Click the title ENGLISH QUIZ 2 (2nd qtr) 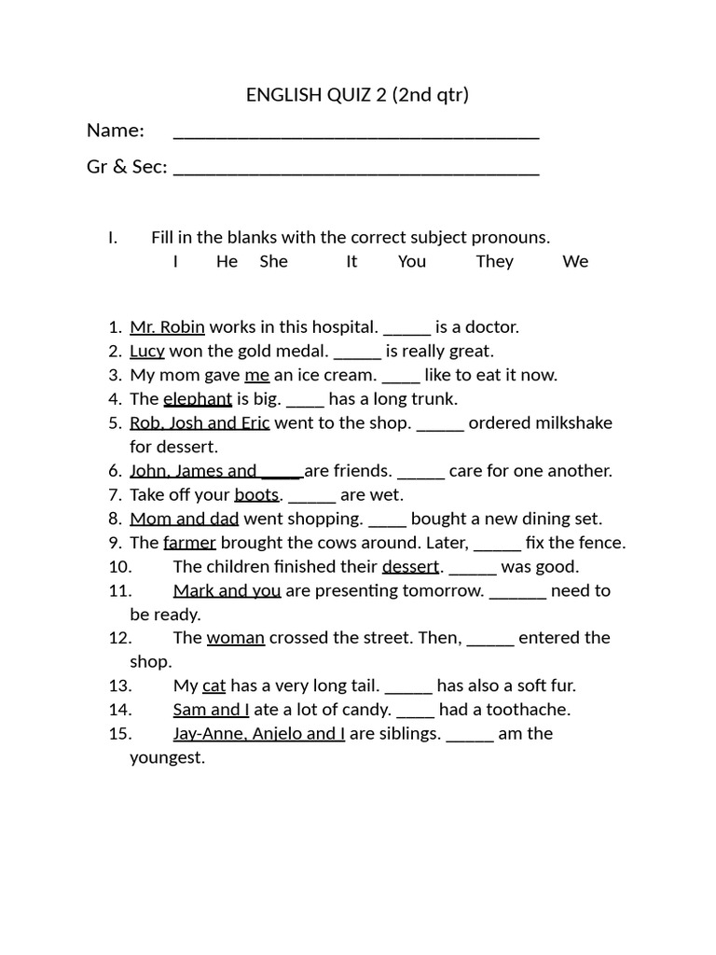click(357, 94)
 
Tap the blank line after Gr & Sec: click(356, 170)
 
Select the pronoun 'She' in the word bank click(273, 261)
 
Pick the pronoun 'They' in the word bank click(494, 261)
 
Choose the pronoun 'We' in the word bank click(575, 261)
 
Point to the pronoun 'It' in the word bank click(351, 261)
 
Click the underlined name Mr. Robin click(167, 327)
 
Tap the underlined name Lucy click(147, 352)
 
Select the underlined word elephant click(198, 399)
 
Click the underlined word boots click(256, 494)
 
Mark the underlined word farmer click(189, 543)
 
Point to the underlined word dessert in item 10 click(410, 567)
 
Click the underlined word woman click(236, 638)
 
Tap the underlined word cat click(214, 686)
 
